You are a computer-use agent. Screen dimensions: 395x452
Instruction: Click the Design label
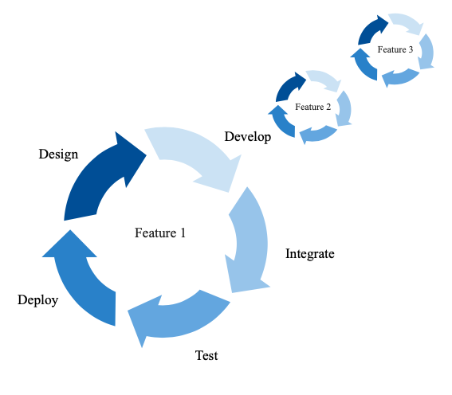[x=58, y=154]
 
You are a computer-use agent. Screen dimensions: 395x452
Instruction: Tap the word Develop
[x=247, y=136]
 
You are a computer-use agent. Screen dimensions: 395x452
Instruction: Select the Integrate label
[x=309, y=254]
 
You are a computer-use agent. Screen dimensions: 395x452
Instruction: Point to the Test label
[x=206, y=355]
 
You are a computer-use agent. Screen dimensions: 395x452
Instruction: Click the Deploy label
[x=37, y=300]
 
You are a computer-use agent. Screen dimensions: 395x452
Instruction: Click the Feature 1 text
[x=159, y=233]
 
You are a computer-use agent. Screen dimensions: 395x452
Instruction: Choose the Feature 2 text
[x=312, y=107]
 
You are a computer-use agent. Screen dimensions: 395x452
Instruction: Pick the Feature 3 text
[x=395, y=49]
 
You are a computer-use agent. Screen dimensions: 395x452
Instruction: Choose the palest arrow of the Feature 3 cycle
[x=407, y=24]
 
